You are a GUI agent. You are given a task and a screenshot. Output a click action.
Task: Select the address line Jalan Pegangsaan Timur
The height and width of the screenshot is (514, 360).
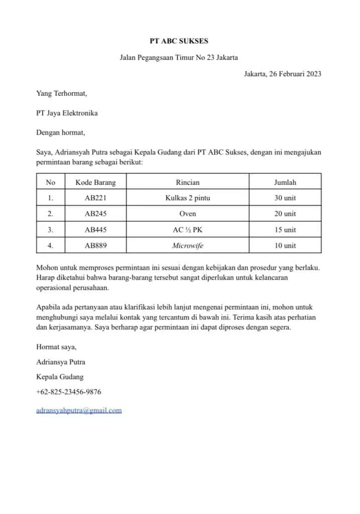click(x=179, y=57)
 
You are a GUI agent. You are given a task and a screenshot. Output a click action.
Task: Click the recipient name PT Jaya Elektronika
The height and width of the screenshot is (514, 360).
click(x=67, y=113)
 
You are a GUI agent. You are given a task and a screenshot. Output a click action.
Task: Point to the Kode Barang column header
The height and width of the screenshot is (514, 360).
click(x=95, y=182)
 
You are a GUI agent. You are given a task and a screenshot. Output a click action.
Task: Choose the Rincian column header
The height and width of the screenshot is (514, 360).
click(x=187, y=182)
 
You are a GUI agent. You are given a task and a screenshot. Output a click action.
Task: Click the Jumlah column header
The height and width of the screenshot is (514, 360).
click(x=285, y=182)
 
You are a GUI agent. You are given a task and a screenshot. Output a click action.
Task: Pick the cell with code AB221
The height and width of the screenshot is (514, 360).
click(x=95, y=198)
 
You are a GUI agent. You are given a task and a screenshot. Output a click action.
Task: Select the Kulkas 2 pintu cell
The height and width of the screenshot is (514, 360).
click(x=187, y=198)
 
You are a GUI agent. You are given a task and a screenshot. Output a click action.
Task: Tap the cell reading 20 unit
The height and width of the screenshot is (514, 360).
click(x=285, y=214)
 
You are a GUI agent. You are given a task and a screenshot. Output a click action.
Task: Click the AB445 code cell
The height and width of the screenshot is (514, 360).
click(x=95, y=230)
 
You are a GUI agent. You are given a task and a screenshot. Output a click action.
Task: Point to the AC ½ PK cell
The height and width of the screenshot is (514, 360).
click(x=187, y=230)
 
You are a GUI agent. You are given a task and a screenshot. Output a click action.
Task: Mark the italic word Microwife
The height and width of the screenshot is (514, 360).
click(x=187, y=245)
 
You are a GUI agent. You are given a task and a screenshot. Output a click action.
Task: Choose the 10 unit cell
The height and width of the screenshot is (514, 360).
click(x=285, y=245)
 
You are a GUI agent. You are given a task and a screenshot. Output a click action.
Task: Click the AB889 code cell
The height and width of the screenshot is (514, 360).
click(x=95, y=245)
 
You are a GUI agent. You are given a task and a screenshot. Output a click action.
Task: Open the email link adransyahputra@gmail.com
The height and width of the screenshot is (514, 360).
click(x=79, y=410)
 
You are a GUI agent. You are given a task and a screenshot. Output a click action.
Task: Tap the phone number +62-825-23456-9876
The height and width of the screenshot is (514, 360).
click(x=68, y=392)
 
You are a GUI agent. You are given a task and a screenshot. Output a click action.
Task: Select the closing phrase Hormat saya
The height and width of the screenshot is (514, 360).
click(x=56, y=346)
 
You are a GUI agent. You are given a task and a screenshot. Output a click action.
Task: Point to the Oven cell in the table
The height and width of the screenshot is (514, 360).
click(x=187, y=214)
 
